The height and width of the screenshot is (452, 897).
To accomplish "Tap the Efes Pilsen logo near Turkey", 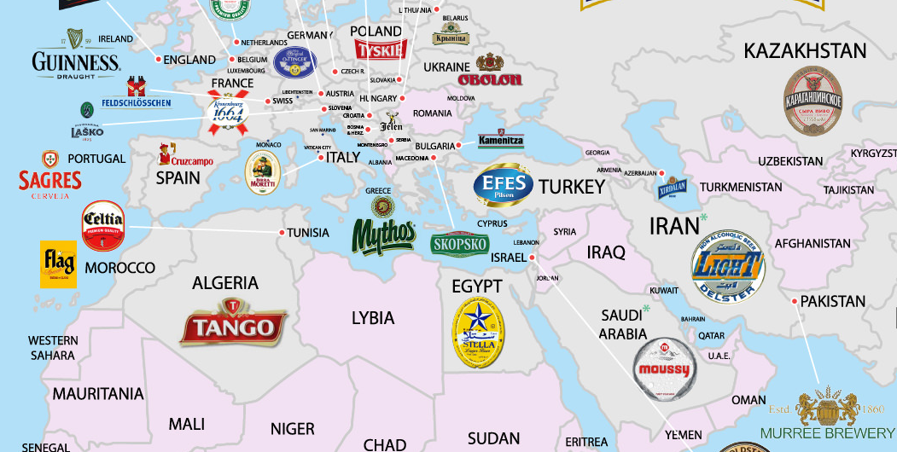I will point(504,185).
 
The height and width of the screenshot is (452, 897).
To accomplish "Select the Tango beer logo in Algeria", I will point(233,324).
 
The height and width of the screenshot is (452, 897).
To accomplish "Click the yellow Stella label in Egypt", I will point(478,333).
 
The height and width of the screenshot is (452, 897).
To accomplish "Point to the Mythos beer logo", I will point(383,232).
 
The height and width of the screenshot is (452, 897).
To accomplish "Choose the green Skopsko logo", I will point(459,244).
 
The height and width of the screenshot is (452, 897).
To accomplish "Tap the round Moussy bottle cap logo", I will point(665,369).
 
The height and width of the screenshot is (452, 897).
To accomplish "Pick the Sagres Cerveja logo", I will point(50,177).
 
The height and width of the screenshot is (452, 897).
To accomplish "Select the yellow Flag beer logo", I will point(58,264).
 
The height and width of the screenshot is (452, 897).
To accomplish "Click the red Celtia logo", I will point(103,225).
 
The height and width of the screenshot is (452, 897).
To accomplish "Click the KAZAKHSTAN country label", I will point(805,50).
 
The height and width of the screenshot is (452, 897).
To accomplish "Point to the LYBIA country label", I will point(373,318).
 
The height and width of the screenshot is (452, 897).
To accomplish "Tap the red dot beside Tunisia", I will point(282,232).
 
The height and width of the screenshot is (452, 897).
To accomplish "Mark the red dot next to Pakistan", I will point(795,301).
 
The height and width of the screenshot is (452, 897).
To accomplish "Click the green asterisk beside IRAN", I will point(704,218).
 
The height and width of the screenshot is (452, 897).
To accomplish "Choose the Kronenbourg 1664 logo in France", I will point(226,113).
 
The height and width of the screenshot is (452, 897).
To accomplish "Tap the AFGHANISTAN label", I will point(813,244).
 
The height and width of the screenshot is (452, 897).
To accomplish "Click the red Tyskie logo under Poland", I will point(379,49).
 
